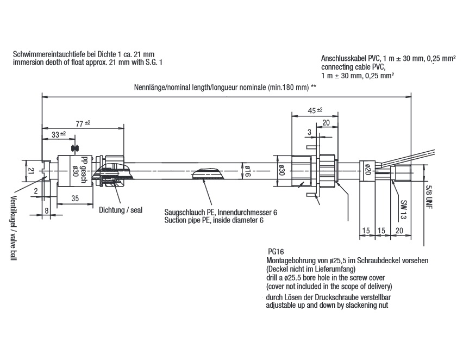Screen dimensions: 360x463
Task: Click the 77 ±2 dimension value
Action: click(83, 123)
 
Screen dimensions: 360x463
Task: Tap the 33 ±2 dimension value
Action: click(59, 134)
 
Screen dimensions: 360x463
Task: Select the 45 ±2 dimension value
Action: click(315, 110)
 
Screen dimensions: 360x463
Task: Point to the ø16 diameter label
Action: click(246, 171)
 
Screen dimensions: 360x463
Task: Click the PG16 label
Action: click(277, 252)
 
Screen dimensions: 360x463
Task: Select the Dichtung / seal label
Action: click(121, 210)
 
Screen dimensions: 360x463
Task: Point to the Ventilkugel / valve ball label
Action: click(12, 228)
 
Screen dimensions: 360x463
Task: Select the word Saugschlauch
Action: click(183, 212)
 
